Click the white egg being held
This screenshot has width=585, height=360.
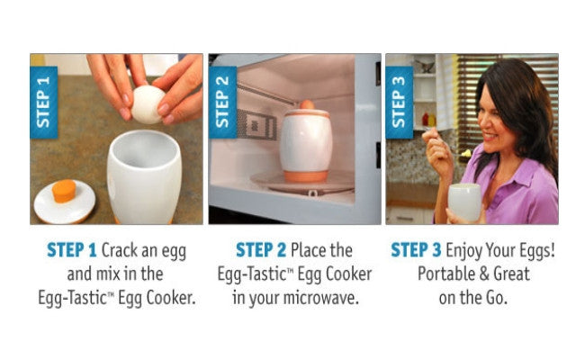149,104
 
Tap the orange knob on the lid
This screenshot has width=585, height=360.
62,191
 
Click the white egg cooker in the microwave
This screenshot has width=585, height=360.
305,143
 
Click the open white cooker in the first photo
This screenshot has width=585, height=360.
143,175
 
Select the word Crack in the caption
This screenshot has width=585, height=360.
122,249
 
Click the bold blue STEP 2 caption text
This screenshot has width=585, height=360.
260,249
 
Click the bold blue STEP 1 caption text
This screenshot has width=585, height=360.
73,249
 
